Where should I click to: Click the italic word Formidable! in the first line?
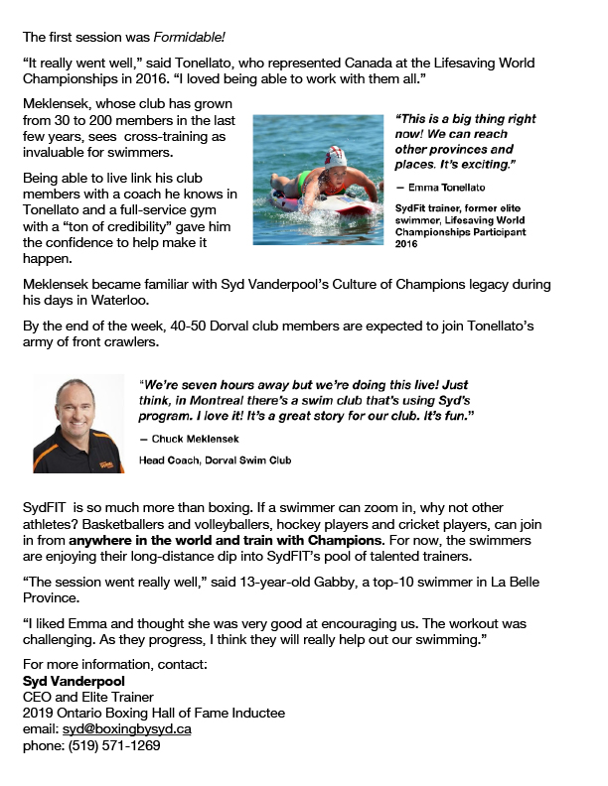196,38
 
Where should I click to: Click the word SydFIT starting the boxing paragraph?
46,506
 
